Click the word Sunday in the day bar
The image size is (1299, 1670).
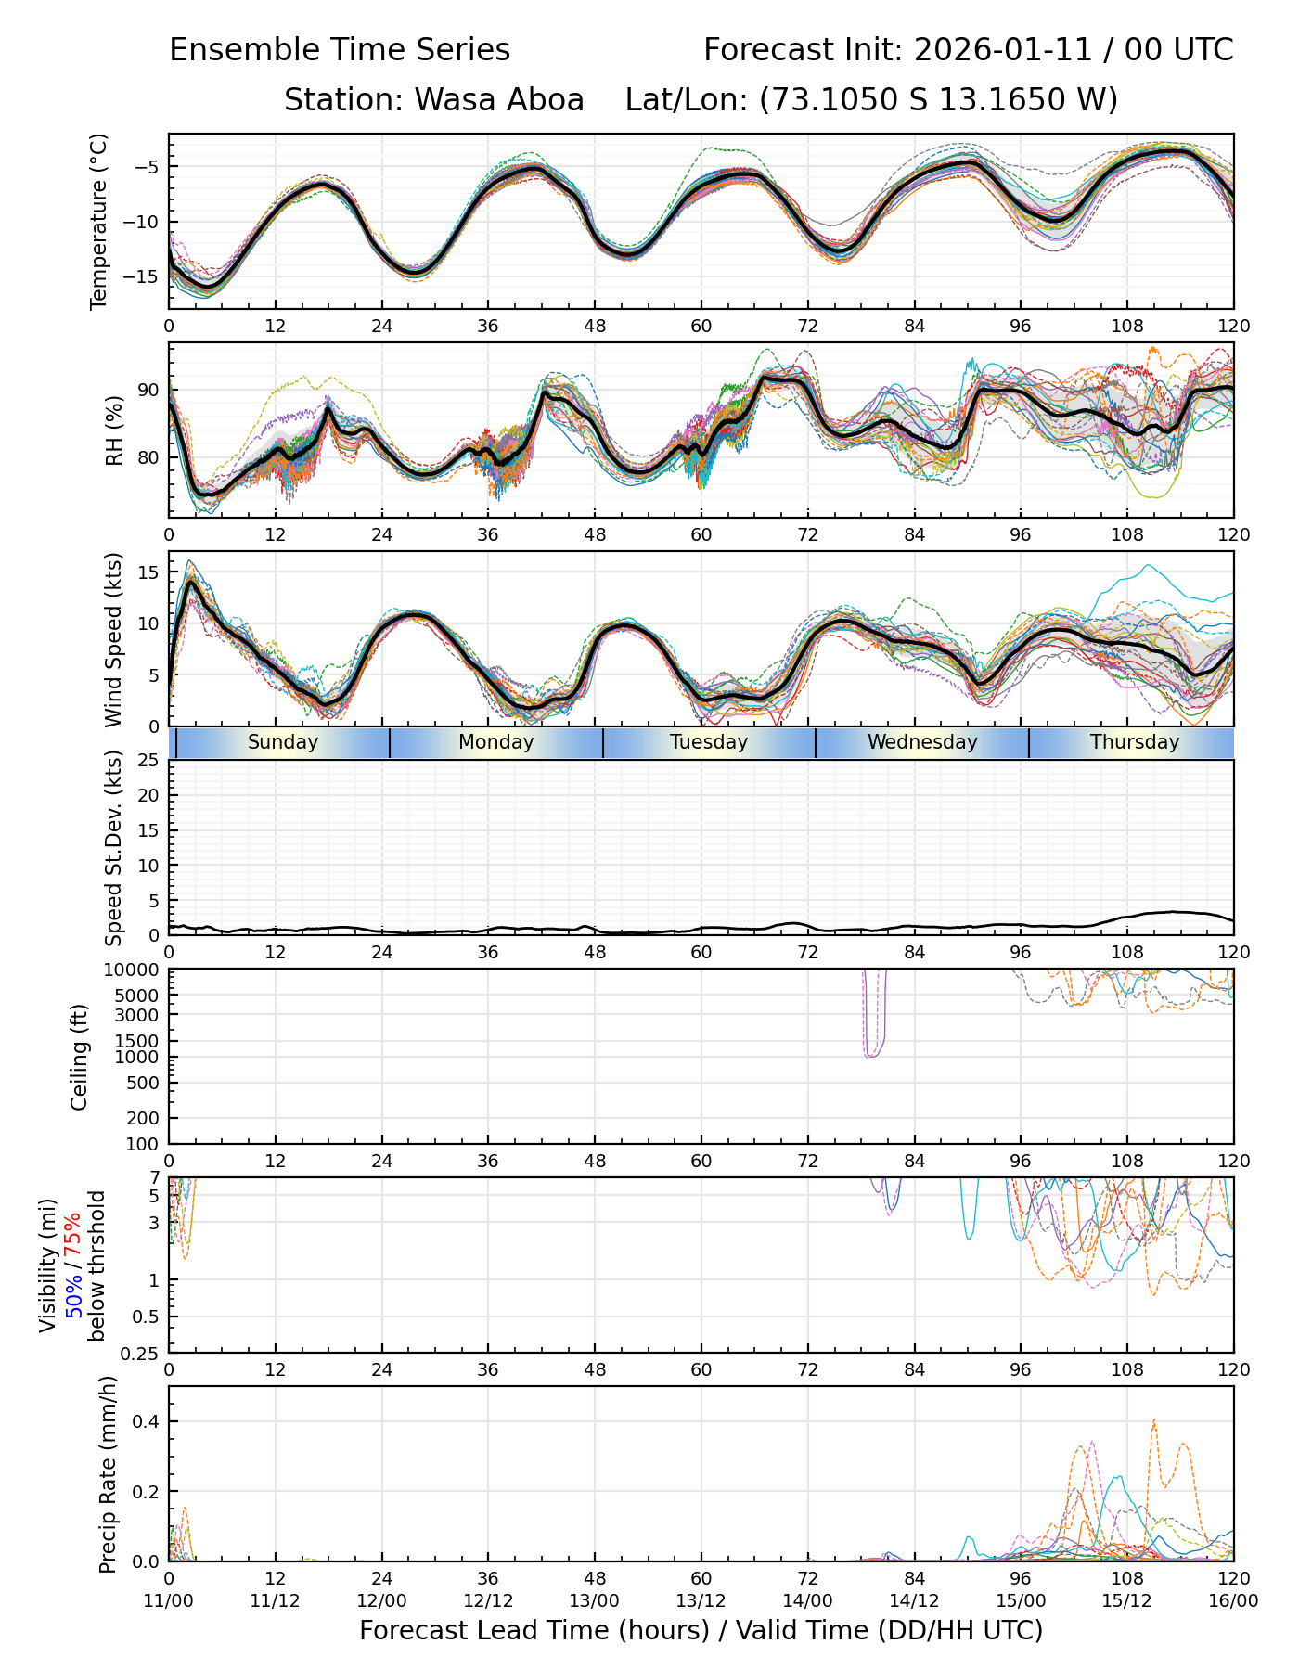click(x=282, y=742)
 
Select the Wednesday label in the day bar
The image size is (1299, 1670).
click(x=922, y=742)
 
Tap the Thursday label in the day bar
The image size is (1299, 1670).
click(x=1134, y=742)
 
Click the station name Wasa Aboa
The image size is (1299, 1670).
click(x=498, y=99)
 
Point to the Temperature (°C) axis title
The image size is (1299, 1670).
click(x=99, y=221)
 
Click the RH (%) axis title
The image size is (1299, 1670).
click(x=114, y=430)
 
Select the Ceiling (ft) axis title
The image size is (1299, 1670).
click(x=80, y=1057)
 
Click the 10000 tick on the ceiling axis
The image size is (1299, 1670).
click(x=135, y=970)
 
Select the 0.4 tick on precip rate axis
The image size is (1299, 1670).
click(x=148, y=1422)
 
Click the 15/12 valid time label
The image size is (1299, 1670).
click(x=1126, y=1601)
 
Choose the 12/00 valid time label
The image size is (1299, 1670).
click(x=381, y=1601)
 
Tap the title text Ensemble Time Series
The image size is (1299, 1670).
click(x=340, y=50)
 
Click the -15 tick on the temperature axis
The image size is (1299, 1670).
click(x=145, y=276)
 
